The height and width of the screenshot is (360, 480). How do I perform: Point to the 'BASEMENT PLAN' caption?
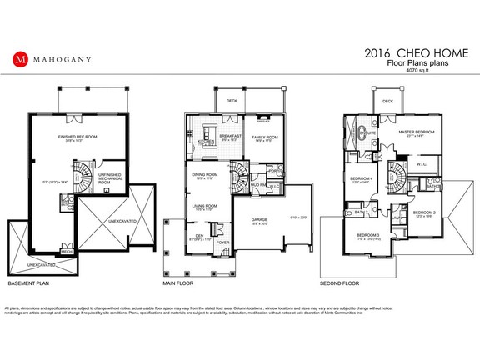(x=27, y=283)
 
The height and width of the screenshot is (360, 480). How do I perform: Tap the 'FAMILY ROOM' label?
(x=265, y=137)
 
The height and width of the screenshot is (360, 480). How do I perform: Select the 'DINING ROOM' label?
(x=205, y=174)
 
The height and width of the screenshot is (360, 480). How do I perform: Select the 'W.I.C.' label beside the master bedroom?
(x=421, y=164)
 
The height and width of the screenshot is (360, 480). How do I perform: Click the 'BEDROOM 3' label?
(x=367, y=236)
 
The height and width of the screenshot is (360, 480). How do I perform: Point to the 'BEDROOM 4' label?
(x=360, y=179)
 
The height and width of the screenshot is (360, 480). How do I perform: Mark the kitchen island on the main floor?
(x=207, y=142)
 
